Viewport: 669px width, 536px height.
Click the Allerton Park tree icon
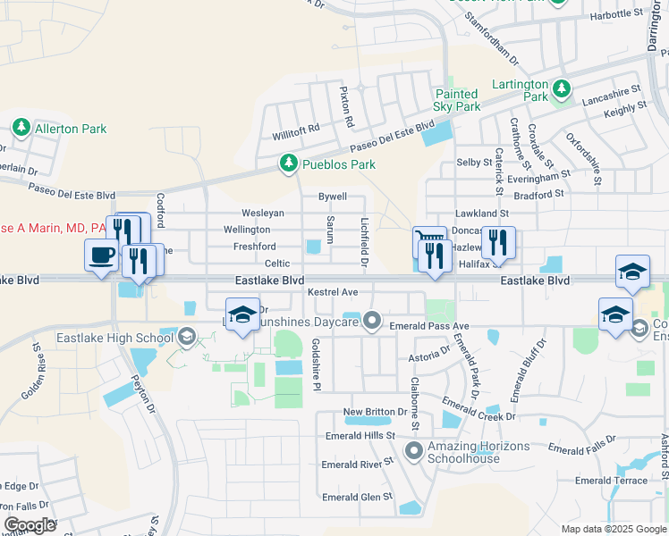21,129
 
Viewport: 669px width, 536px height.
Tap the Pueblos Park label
337,164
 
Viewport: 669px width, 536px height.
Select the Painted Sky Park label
457,100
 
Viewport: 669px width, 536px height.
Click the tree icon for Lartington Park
561,88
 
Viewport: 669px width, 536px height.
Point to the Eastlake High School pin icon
187,337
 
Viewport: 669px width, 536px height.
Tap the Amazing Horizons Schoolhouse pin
413,450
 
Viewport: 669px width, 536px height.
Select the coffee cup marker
100,255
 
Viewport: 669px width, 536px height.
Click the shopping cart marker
428,241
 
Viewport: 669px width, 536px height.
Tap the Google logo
30,524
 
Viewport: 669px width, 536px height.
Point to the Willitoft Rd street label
296,130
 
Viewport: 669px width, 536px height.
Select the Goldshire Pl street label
315,365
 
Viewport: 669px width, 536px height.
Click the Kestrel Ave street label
332,292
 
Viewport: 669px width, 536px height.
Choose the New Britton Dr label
375,412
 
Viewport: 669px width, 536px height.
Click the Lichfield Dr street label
364,240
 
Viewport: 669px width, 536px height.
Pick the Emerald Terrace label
611,481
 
